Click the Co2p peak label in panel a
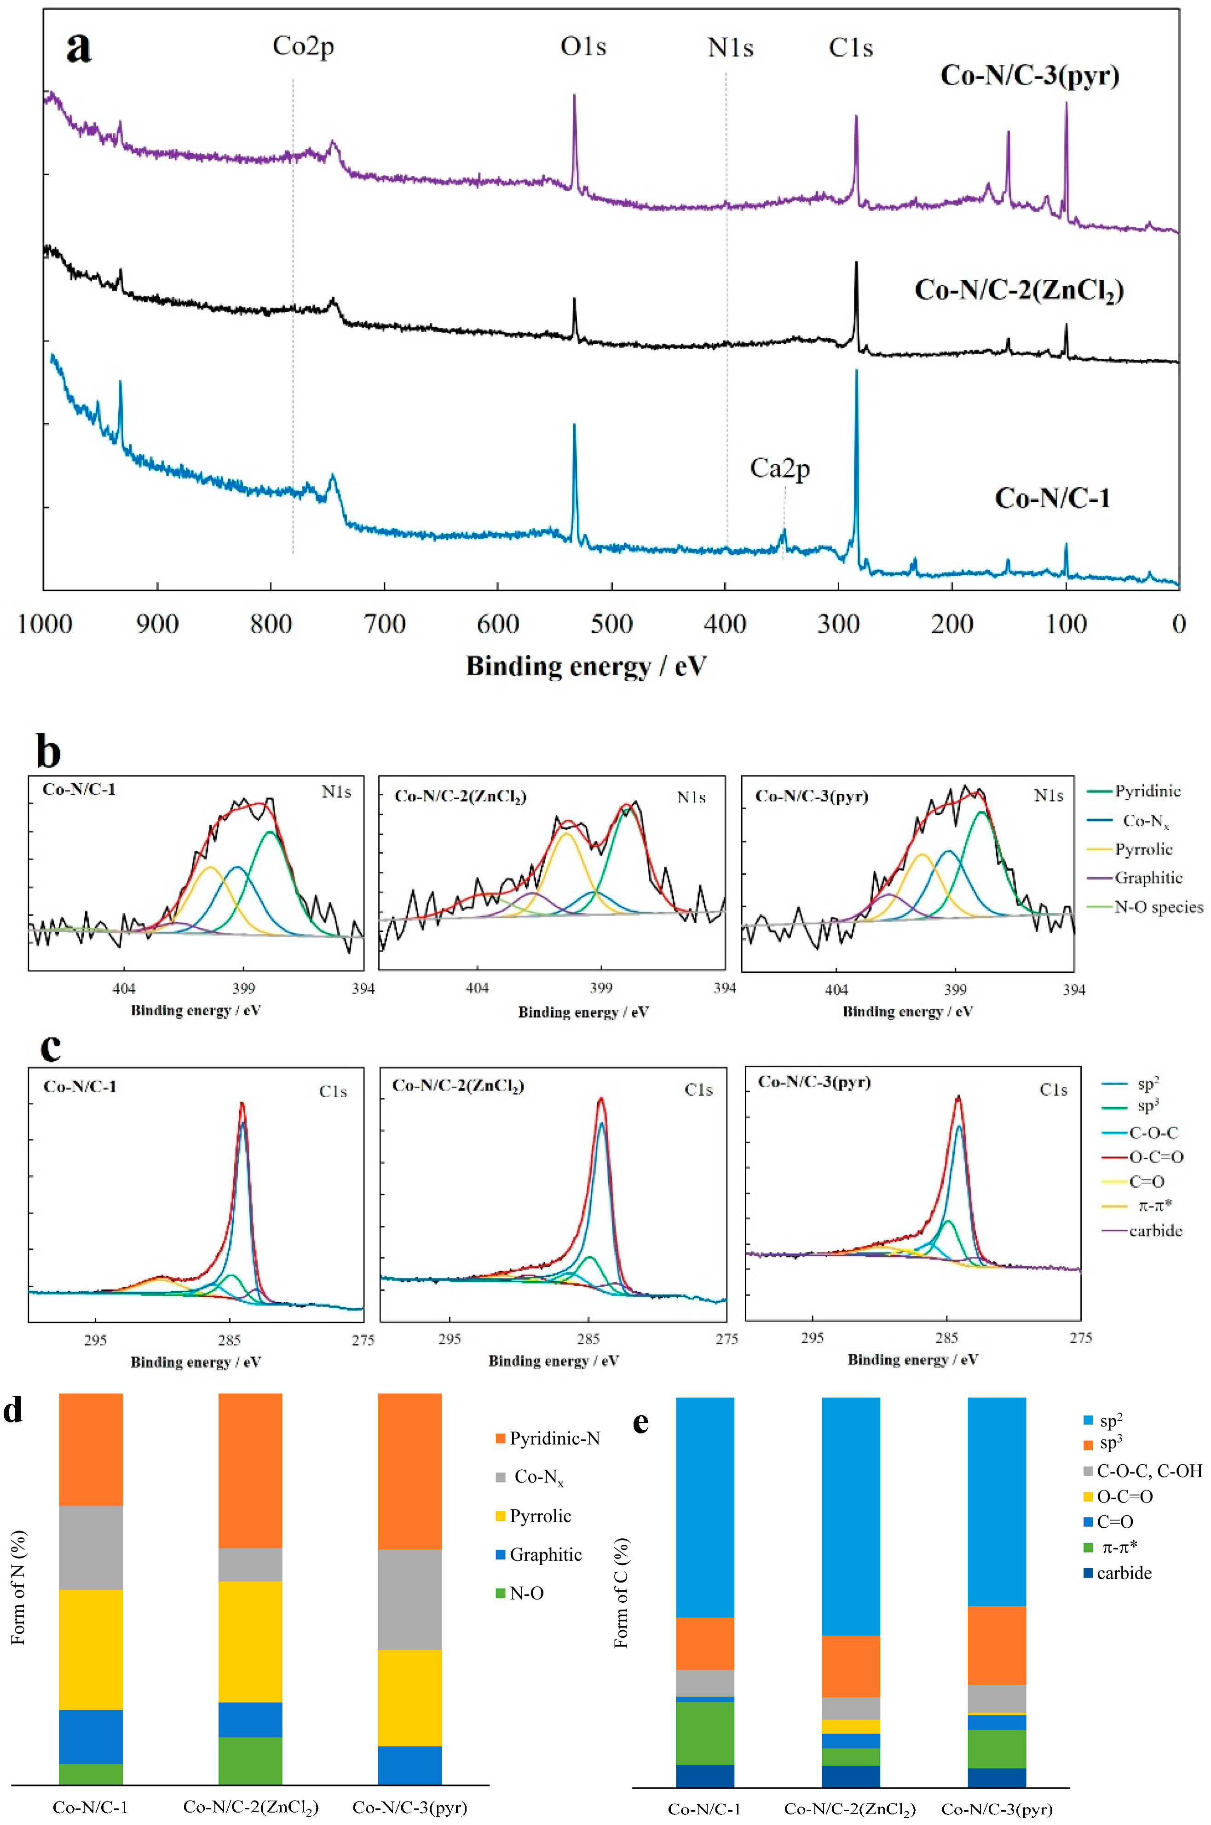pos(303,47)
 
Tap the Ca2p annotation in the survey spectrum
pos(780,469)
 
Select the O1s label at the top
pos(583,47)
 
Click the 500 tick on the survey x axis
pos(611,623)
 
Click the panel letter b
pos(48,751)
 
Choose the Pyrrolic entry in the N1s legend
pos(1143,849)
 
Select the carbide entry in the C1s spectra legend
pos(1154,1230)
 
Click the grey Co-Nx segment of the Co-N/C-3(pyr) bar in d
pos(409,1599)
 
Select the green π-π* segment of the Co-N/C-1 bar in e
pos(704,1733)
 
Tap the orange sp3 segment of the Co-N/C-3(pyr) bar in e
pos(996,1645)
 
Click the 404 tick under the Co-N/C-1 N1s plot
pos(124,988)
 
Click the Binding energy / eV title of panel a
pos(586,666)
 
